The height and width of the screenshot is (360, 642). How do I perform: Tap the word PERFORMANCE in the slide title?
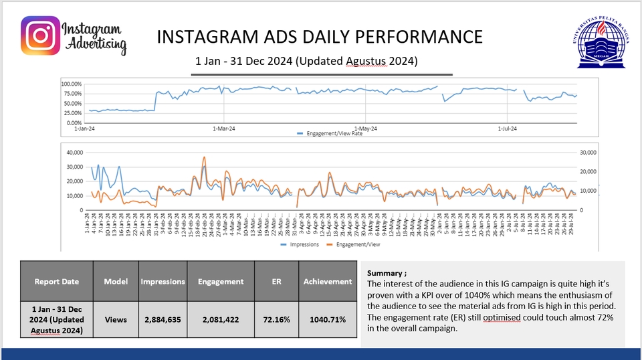[423, 36]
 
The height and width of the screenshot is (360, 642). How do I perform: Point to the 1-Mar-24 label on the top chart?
[224, 128]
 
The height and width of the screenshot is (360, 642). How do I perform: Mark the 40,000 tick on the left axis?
[74, 153]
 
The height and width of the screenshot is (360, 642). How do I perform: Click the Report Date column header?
[56, 282]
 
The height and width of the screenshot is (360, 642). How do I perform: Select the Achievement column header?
[328, 282]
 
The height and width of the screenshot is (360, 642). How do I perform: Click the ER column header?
[276, 282]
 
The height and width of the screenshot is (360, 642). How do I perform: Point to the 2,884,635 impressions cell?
[163, 319]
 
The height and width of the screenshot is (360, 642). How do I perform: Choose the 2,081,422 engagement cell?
[221, 319]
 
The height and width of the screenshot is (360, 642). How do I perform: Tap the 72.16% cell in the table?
[276, 319]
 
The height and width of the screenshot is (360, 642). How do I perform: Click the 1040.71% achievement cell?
[328, 319]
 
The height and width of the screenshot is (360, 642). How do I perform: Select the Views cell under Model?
[116, 319]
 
